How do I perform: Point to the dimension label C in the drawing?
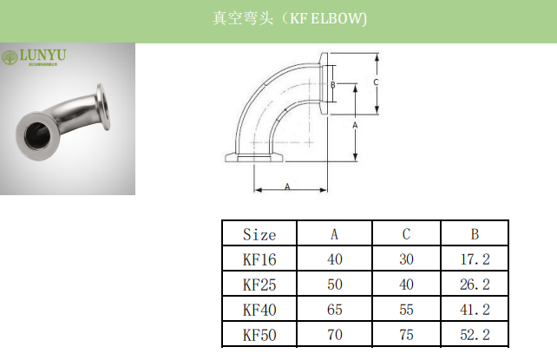[x=375, y=82]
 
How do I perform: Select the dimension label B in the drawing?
[x=332, y=85]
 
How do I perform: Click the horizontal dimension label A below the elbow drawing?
[x=287, y=187]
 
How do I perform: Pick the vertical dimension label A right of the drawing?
[x=356, y=125]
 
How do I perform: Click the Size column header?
[x=259, y=234]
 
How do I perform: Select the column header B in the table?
[x=475, y=234]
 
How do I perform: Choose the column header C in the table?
[x=406, y=234]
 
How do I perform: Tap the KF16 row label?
[x=259, y=259]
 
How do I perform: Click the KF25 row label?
[x=259, y=284]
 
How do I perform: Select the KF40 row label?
[x=259, y=308]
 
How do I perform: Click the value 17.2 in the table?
[x=475, y=259]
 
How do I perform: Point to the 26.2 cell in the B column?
[x=475, y=284]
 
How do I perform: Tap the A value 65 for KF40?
[x=335, y=308]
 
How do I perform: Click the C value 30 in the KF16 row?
[x=406, y=259]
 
